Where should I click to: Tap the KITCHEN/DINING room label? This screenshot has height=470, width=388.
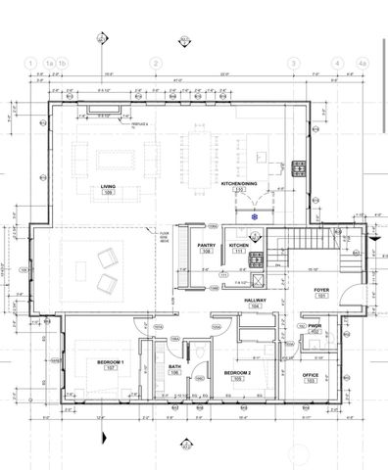pyautogui.click(x=238, y=184)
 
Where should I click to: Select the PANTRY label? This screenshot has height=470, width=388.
pyautogui.click(x=207, y=246)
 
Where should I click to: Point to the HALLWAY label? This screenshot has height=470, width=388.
pyautogui.click(x=256, y=301)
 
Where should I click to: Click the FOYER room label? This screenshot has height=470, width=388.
pyautogui.click(x=320, y=292)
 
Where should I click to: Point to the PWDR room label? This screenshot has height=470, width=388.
pyautogui.click(x=315, y=328)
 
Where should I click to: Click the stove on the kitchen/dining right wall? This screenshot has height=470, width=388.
pyautogui.click(x=300, y=166)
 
